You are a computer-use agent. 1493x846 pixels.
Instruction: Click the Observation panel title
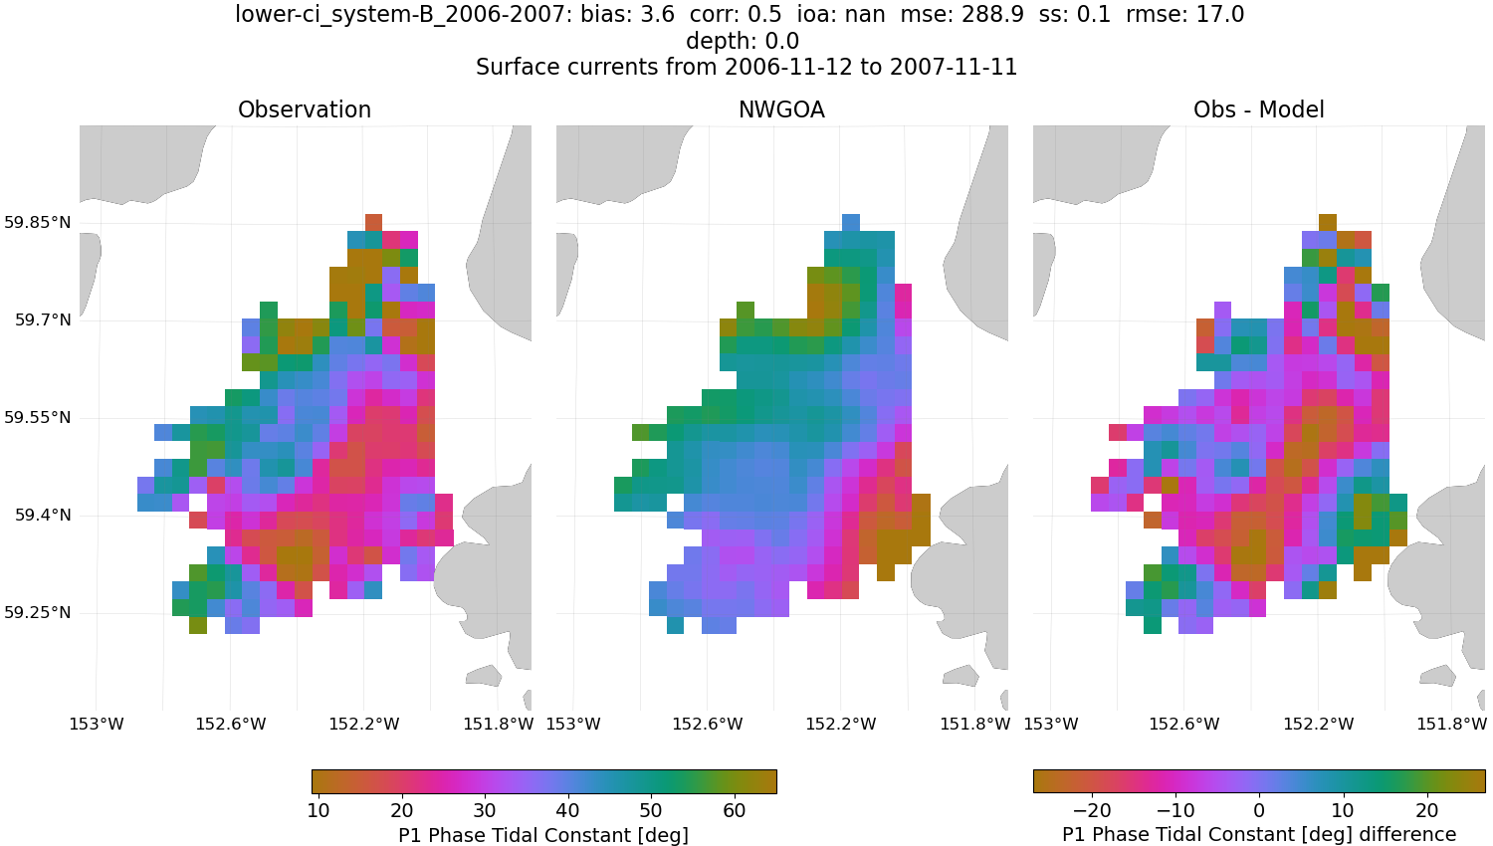click(305, 110)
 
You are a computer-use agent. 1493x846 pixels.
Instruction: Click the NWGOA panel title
click(781, 110)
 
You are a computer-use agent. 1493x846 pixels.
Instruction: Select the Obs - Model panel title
click(1258, 110)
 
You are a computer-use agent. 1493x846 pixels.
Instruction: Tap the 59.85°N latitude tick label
click(38, 223)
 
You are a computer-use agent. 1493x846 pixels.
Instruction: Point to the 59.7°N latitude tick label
click(43, 320)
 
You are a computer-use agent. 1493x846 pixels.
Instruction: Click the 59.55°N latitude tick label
click(38, 418)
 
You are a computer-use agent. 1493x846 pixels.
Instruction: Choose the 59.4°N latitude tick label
click(43, 516)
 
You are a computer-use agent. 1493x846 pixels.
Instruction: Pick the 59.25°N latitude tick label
click(38, 613)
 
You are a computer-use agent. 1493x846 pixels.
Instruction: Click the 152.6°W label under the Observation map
click(231, 725)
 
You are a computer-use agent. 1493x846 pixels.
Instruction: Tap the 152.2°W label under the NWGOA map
click(841, 725)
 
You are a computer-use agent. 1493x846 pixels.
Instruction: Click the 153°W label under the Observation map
click(97, 725)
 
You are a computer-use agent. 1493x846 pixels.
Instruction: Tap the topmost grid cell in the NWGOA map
click(850, 222)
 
